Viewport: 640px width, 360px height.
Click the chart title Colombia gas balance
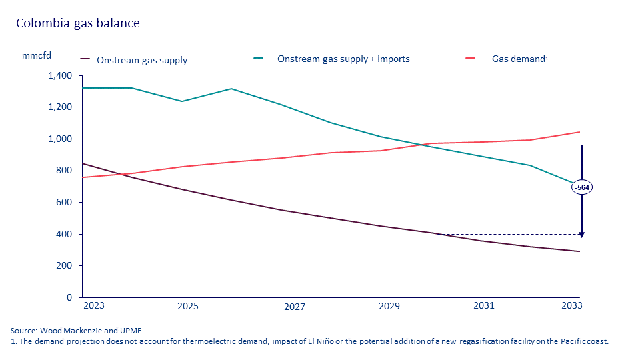pyautogui.click(x=78, y=23)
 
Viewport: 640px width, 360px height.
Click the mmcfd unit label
pyautogui.click(x=36, y=55)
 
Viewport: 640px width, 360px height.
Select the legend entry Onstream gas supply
pyautogui.click(x=142, y=60)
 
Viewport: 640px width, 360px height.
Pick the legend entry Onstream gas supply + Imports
pyautogui.click(x=343, y=59)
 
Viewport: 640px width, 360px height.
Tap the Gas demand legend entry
pyautogui.click(x=519, y=59)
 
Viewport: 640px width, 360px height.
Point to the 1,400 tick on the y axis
pyautogui.click(x=59, y=76)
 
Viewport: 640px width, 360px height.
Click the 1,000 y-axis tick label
pyautogui.click(x=59, y=139)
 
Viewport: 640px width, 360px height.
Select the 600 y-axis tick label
pyautogui.click(x=64, y=203)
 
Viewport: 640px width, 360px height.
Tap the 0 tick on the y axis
pyautogui.click(x=69, y=297)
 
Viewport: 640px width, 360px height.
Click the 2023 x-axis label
pyautogui.click(x=93, y=306)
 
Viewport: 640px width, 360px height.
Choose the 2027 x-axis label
pyautogui.click(x=295, y=307)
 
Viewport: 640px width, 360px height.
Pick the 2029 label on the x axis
pyautogui.click(x=389, y=306)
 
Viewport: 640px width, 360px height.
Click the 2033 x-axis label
pyautogui.click(x=571, y=306)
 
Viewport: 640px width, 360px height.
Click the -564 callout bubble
pyautogui.click(x=582, y=187)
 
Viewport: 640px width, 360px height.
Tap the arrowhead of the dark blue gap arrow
pyautogui.click(x=581, y=234)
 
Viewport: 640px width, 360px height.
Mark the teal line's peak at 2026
pyautogui.click(x=231, y=89)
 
